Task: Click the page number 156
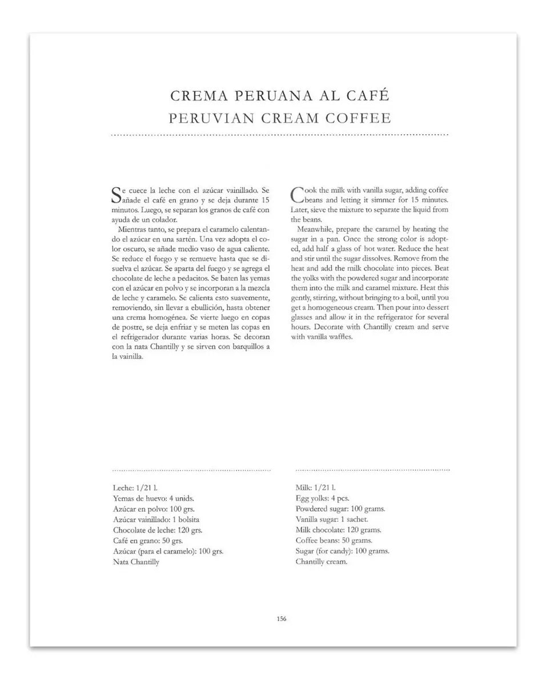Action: [x=280, y=619]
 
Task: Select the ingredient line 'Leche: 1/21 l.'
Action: [x=135, y=488]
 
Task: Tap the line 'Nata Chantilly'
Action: [x=136, y=562]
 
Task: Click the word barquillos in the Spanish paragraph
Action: [x=246, y=347]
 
